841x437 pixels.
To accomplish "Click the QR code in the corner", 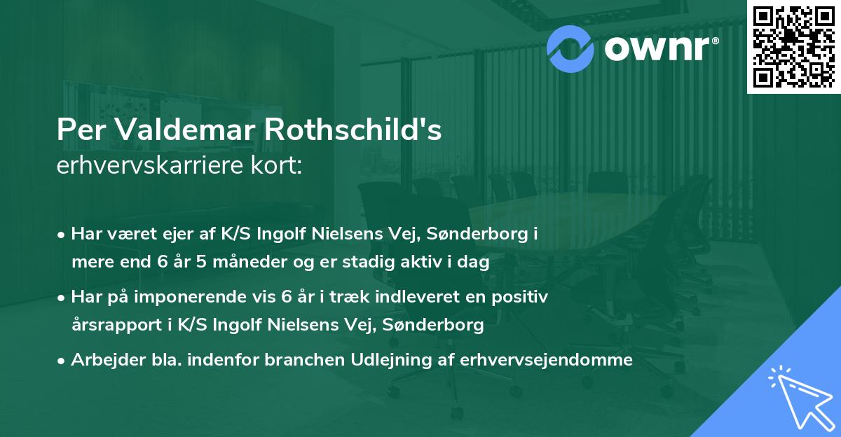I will pos(794,46).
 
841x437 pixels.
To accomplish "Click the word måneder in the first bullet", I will pos(235,263).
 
